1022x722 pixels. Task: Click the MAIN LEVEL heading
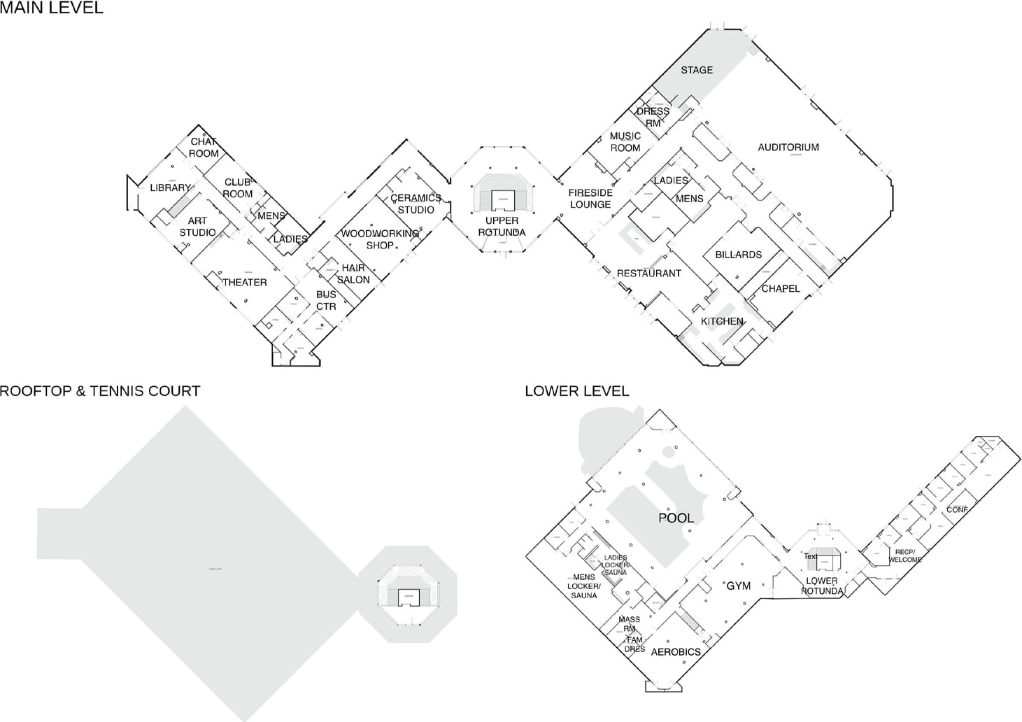pos(52,8)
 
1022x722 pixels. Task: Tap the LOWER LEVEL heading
pos(576,391)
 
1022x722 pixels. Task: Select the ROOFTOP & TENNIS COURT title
pos(100,391)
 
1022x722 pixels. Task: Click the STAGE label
pos(697,70)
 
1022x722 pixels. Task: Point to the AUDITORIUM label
pos(788,147)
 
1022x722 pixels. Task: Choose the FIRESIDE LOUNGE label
pos(590,199)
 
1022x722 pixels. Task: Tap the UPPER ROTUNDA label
pos(502,227)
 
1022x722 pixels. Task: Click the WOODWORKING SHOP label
pos(380,239)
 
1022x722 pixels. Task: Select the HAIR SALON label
pos(353,274)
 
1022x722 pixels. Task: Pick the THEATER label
pos(245,283)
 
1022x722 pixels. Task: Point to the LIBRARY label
pos(170,187)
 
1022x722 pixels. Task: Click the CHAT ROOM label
pos(204,148)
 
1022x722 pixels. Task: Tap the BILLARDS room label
pos(738,255)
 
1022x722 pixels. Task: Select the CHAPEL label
pos(781,288)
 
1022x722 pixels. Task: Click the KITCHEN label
pos(722,321)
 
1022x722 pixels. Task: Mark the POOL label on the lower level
pos(676,518)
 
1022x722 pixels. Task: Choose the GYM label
pos(738,586)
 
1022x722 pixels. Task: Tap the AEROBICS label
pos(676,652)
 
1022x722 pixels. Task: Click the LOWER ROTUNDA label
pos(822,586)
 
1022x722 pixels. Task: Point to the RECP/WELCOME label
pos(904,555)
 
